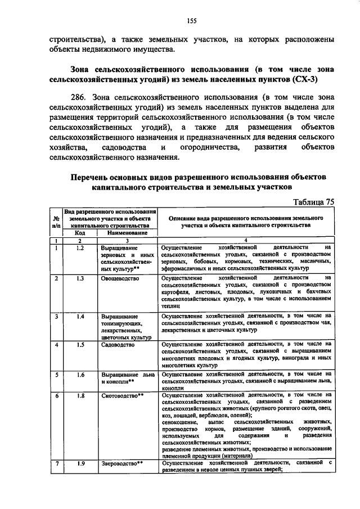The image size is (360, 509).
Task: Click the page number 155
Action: click(191, 21)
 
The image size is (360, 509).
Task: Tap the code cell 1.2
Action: click(80, 247)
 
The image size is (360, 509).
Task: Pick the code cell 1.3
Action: click(80, 278)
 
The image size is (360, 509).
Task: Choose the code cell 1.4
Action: click(80, 317)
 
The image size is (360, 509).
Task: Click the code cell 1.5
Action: click(80, 344)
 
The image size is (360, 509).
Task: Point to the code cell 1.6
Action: click(80, 374)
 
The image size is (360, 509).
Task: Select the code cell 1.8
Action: click(80, 396)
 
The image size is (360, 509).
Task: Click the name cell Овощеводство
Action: click(120, 278)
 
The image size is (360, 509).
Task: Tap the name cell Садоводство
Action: click(118, 344)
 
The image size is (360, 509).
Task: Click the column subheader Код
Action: click(80, 232)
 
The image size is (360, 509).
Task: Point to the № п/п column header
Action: click(56, 220)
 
